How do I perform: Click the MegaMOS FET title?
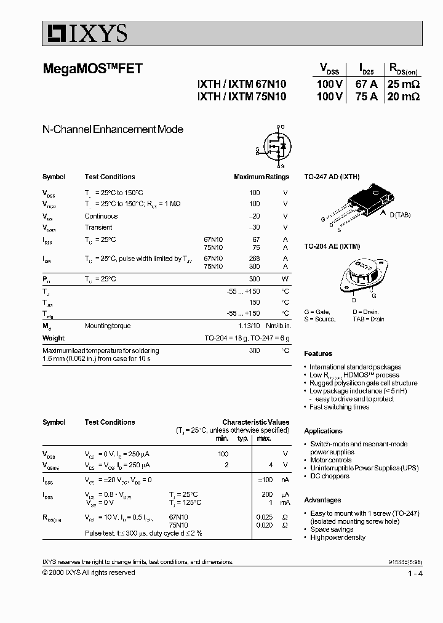[92, 69]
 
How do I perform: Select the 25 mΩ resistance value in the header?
[403, 84]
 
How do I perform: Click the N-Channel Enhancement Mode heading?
[113, 129]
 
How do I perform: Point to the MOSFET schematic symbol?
[274, 147]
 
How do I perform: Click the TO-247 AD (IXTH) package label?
[332, 177]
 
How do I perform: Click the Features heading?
[318, 354]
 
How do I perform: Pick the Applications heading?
[323, 431]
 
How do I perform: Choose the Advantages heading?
[322, 500]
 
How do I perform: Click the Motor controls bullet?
[330, 460]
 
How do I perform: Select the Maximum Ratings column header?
[261, 177]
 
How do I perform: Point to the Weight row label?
[54, 338]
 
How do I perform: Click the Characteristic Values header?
[255, 422]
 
